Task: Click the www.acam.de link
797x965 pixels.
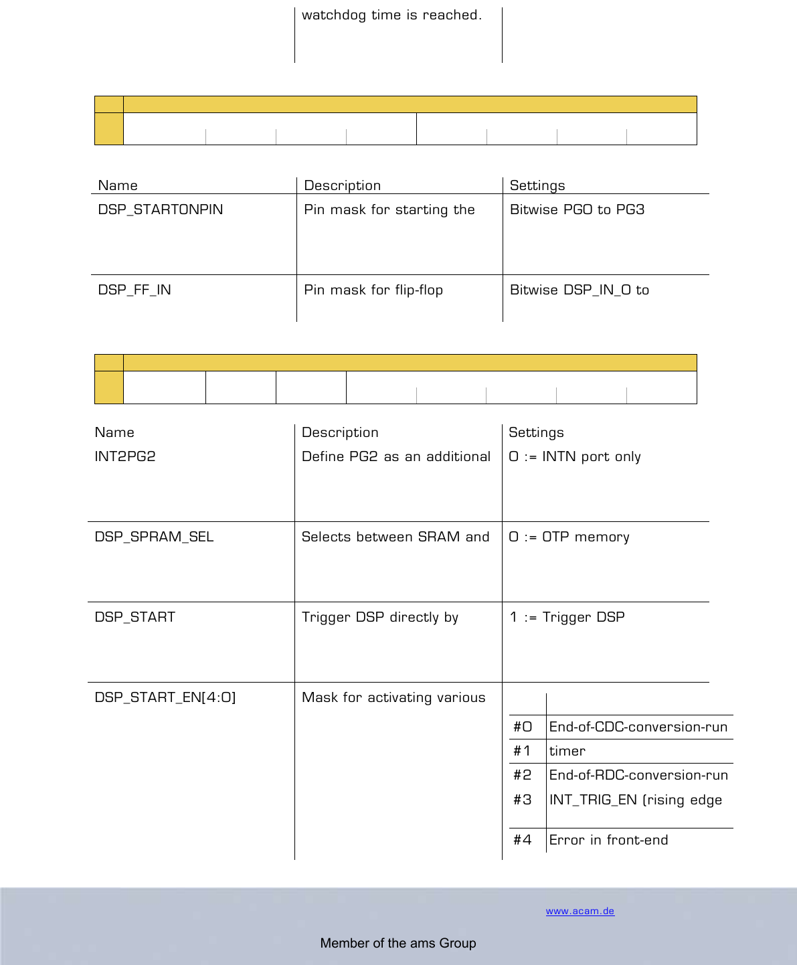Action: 580,911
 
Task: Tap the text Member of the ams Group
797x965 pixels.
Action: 398,943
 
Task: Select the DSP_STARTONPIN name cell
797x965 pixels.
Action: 161,209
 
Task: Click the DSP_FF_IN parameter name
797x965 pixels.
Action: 135,290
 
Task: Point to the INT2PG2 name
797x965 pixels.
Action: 125,456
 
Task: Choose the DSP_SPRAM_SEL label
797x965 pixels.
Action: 154,537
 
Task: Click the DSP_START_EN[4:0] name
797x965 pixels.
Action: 165,697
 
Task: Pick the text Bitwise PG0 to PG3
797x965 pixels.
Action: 577,209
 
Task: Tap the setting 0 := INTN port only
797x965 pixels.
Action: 575,456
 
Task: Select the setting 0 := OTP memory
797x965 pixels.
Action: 569,537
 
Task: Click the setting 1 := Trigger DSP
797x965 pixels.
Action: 567,617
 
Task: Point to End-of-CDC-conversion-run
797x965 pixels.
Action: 638,727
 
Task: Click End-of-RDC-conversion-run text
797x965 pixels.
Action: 638,775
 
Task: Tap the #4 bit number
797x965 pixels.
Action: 523,840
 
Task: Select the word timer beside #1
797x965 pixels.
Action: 567,751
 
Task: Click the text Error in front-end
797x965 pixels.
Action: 608,840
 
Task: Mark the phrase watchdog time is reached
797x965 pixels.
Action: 391,15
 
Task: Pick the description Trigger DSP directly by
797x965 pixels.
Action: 380,617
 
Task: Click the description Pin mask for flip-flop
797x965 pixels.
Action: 373,290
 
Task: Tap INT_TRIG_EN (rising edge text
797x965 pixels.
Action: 636,800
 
